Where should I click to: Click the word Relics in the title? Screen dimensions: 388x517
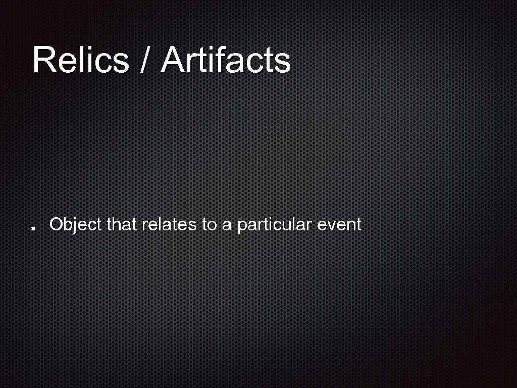pos(81,60)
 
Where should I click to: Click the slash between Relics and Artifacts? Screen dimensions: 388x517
pos(145,60)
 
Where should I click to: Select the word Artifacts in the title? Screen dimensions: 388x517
pos(226,60)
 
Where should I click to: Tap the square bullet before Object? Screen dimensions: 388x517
pos(32,228)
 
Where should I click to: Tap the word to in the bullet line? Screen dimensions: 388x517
pos(209,224)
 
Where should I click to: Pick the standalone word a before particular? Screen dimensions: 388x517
pos(227,225)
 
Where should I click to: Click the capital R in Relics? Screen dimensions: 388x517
pos(44,60)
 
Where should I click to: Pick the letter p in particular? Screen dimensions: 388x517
pos(241,226)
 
